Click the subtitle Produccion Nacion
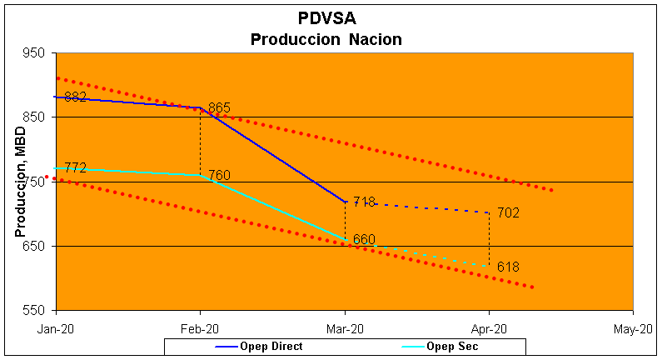[326, 38]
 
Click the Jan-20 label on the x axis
[55, 329]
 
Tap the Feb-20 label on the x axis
[200, 329]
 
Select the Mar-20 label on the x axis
[345, 329]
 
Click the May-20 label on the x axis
[633, 329]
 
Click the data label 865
[219, 108]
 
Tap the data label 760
[219, 175]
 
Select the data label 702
[508, 213]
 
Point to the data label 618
[508, 267]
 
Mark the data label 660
[364, 240]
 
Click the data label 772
[75, 168]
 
